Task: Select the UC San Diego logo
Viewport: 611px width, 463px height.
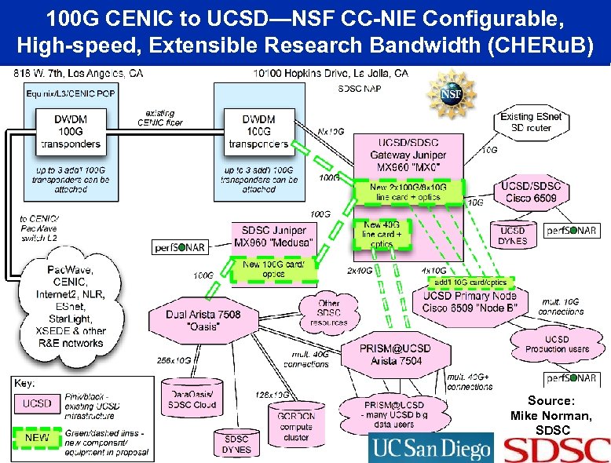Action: pos(430,448)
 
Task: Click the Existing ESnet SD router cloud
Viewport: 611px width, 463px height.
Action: pos(531,122)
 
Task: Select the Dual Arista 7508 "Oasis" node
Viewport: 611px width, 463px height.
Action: pos(203,320)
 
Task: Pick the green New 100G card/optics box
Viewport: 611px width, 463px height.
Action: pos(274,269)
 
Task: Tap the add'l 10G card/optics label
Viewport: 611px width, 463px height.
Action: pos(470,282)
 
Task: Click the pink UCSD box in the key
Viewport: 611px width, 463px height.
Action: pos(38,403)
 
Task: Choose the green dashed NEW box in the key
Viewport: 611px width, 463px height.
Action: pos(38,437)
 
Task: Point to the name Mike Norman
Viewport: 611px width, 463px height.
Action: pos(551,415)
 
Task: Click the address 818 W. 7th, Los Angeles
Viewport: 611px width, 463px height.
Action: pos(79,74)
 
